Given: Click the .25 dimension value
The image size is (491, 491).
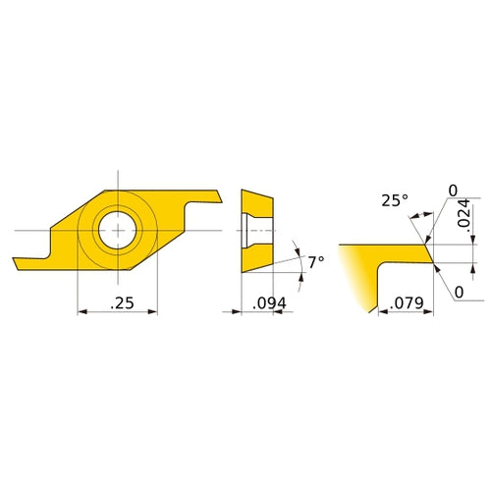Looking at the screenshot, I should (122, 304).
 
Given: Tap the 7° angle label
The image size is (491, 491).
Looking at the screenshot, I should (314, 263).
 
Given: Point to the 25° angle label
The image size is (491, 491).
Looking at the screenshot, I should (394, 201).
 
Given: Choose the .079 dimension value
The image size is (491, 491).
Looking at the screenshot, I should (405, 304).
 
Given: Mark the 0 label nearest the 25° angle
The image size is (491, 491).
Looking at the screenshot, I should (453, 191).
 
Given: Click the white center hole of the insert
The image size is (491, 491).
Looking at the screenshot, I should (117, 229).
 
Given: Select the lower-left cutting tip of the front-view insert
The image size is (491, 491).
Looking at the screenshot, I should (17, 263).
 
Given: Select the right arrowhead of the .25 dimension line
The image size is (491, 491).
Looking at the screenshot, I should (153, 313).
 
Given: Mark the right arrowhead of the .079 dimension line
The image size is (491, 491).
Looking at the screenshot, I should (429, 313).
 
